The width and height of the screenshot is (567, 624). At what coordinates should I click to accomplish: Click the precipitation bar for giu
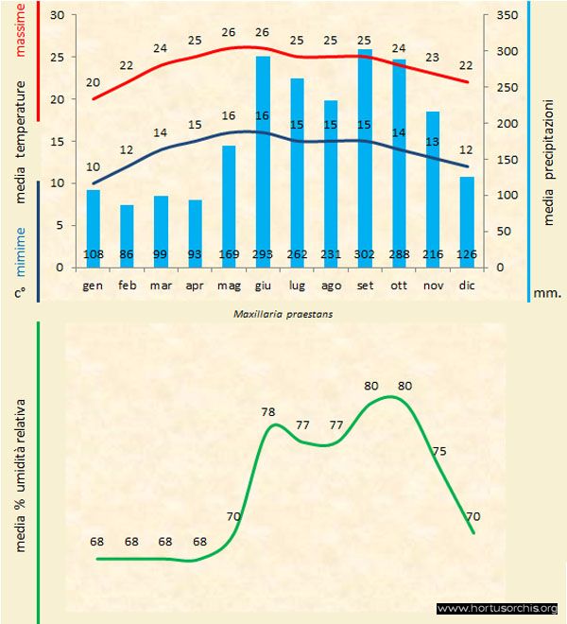pyautogui.click(x=263, y=161)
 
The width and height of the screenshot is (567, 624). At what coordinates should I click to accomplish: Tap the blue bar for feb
pyautogui.click(x=127, y=235)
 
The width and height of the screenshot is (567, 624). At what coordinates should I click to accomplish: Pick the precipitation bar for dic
pyautogui.click(x=466, y=221)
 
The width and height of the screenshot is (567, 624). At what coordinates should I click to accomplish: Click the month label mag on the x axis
pyautogui.click(x=229, y=284)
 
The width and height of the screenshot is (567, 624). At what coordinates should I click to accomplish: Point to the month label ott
pyautogui.click(x=398, y=284)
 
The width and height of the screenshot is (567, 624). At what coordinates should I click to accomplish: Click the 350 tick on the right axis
pyautogui.click(x=506, y=16)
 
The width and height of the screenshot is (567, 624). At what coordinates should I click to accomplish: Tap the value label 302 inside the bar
pyautogui.click(x=364, y=254)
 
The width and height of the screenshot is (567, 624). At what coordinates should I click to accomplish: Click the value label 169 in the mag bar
pyautogui.click(x=229, y=254)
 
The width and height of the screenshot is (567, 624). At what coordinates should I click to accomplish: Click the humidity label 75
pyautogui.click(x=439, y=452)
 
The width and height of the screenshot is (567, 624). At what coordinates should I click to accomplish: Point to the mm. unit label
pyautogui.click(x=547, y=293)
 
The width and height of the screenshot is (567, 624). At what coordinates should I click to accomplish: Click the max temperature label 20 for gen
pyautogui.click(x=93, y=83)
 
